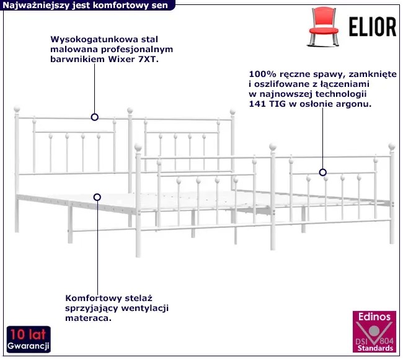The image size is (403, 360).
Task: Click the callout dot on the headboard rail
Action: click(x=95, y=117)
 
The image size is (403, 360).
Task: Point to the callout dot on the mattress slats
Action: click(x=97, y=197)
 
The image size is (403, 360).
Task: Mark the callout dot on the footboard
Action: click(x=322, y=172)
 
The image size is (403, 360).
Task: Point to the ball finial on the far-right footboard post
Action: click(x=391, y=146)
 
